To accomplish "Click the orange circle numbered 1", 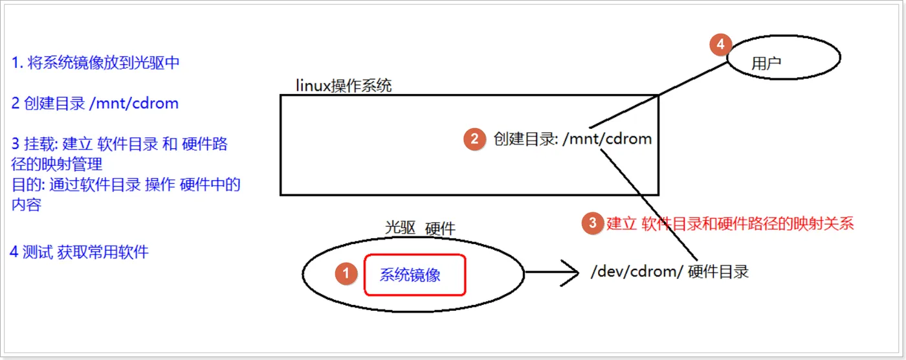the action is tap(346, 274).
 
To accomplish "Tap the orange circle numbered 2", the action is tap(474, 139).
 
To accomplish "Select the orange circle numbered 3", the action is tap(591, 223).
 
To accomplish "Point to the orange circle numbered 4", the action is tap(720, 45).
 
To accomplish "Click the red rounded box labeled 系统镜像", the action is tap(415, 275).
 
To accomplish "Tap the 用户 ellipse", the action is tap(784, 58).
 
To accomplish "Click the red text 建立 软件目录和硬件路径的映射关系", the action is tap(731, 224).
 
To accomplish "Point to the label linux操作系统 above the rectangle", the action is tap(344, 85).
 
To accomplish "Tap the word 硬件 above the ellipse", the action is tap(440, 229).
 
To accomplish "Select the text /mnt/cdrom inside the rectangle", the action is tap(607, 139).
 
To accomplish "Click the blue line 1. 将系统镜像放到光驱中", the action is tap(95, 63).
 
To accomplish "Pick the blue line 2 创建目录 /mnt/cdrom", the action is tap(95, 104).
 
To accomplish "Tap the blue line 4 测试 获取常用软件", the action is tap(80, 252).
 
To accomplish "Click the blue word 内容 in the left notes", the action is tap(27, 205).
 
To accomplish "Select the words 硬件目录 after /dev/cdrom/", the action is tap(718, 272).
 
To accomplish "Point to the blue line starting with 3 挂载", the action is tap(120, 144).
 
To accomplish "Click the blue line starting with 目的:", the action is tap(126, 185).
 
